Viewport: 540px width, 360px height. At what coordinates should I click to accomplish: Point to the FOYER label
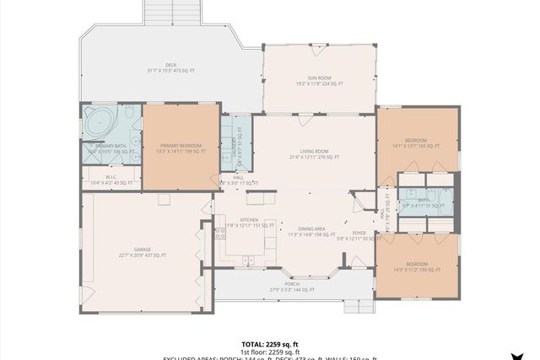pos(359,234)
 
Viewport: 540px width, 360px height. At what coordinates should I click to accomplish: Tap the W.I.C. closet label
pos(111,176)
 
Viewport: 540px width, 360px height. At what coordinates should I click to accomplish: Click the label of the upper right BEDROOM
pos(416,140)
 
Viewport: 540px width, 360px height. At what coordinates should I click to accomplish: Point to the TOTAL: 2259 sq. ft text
pos(270,344)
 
